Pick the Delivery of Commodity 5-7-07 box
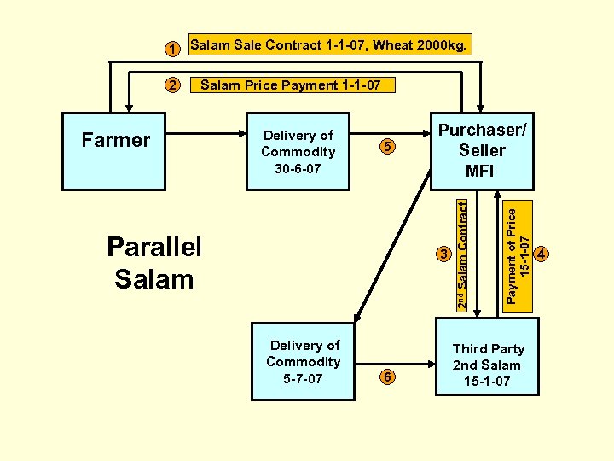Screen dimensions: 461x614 point(303,362)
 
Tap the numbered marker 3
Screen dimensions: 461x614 point(443,254)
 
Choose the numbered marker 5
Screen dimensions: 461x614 point(388,147)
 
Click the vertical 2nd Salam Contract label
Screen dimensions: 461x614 point(461,254)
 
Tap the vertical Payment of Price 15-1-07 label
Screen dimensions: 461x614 point(518,254)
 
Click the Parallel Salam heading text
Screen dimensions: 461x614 point(154,262)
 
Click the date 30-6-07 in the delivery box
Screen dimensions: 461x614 point(298,168)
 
